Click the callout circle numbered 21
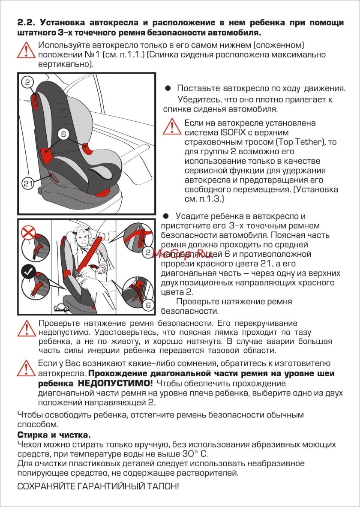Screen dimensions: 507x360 point(27,183)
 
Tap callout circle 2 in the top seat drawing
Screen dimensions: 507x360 point(27,82)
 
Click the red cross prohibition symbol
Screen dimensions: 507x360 point(28,233)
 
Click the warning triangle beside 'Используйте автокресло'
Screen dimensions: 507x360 point(26,50)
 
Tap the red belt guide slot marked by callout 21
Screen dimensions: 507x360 point(54,176)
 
